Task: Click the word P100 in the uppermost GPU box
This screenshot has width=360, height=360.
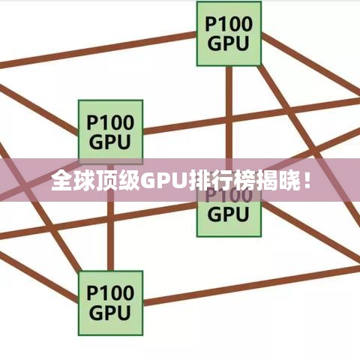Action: tap(229, 24)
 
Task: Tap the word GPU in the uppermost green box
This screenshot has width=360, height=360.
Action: tap(228, 43)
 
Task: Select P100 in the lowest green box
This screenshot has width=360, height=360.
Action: tap(110, 293)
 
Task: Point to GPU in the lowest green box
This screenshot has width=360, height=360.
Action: tap(109, 313)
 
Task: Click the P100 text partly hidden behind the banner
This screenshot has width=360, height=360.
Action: tap(229, 196)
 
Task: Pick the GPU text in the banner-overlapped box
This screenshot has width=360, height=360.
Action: tap(228, 214)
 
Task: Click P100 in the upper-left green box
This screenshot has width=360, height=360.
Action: tap(110, 122)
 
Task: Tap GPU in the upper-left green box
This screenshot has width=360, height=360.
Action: tap(109, 142)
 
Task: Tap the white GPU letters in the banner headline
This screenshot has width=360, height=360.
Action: tap(163, 180)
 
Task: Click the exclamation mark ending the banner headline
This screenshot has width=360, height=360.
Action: tap(307, 179)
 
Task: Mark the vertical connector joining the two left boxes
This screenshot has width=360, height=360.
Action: tap(110, 217)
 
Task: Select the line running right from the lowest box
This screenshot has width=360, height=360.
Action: tap(251, 286)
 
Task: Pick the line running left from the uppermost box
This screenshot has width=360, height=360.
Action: tap(98, 49)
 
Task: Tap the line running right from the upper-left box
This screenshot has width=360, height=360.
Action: tap(251, 116)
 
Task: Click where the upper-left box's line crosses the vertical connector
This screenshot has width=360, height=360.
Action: tap(229, 119)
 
